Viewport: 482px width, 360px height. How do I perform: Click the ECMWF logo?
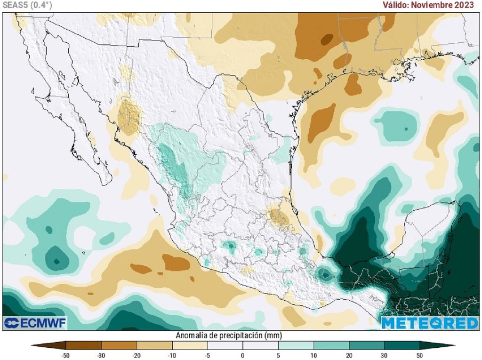point(35,323)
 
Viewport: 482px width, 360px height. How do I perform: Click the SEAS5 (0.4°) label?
point(27,5)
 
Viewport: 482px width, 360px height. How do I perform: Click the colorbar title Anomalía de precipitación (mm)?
point(229,336)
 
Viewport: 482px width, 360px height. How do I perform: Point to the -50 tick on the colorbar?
point(65,355)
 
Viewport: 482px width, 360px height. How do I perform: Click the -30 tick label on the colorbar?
point(101,355)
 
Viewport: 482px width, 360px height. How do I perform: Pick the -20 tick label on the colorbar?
point(136,355)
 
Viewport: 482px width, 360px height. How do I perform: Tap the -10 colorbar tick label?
point(171,355)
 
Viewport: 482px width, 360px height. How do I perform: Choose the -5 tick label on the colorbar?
point(207,355)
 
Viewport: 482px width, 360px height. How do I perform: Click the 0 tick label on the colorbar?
point(242,355)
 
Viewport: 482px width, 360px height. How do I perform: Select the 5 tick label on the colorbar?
point(278,355)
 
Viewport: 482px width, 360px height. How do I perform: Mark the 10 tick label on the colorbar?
point(313,355)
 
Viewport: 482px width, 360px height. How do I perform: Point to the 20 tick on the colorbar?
point(349,355)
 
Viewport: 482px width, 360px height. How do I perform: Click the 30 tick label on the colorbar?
point(384,355)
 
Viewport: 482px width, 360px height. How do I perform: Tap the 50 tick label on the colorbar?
point(419,355)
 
